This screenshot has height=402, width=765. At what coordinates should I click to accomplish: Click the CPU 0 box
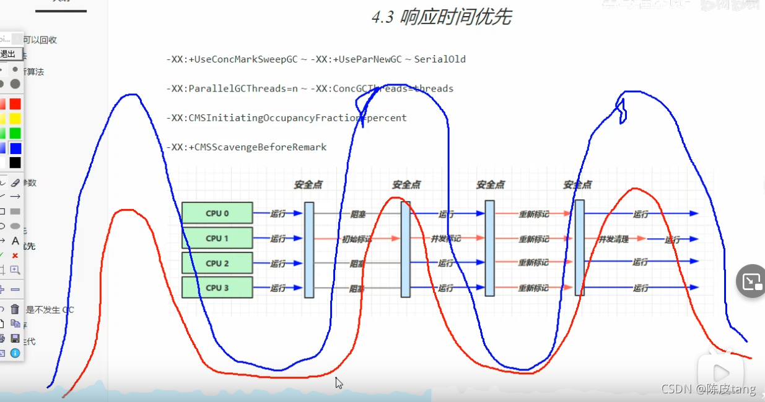[x=217, y=213]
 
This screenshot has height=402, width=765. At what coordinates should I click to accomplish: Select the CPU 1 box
[x=217, y=238]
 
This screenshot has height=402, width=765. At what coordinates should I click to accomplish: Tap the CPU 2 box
[x=217, y=263]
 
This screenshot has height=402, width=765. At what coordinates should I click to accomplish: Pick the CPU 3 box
[x=217, y=288]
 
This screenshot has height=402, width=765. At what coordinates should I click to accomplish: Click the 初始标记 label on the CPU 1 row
[x=357, y=239]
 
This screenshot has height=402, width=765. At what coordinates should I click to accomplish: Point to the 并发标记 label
[x=445, y=239]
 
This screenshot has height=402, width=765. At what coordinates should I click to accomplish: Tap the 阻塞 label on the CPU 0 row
[x=357, y=215]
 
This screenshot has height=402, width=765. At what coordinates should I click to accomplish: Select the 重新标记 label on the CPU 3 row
[x=533, y=288]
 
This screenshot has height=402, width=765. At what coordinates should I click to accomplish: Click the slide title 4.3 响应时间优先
[x=441, y=17]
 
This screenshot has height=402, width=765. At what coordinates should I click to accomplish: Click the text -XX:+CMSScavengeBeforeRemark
[x=246, y=147]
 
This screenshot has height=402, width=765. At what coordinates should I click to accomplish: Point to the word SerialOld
[x=440, y=59]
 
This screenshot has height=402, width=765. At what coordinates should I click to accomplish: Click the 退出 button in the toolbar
[x=7, y=54]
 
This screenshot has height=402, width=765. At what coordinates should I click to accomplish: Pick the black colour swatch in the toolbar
[x=15, y=163]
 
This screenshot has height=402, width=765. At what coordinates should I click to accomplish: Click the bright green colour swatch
[x=15, y=133]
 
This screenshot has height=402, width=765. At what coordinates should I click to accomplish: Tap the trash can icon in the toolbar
[x=15, y=309]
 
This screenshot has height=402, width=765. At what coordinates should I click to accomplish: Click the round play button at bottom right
[x=720, y=372]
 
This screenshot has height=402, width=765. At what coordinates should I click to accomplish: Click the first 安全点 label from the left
[x=308, y=185]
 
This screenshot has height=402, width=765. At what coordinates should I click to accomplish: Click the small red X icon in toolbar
[x=15, y=255]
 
